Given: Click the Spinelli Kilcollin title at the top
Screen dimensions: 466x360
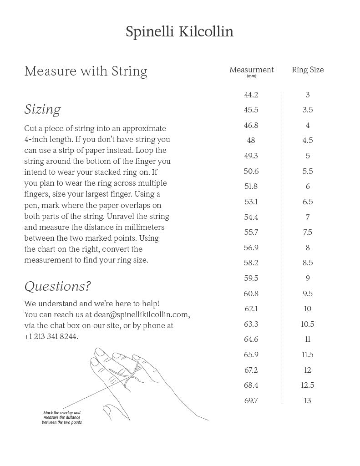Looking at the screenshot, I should [180, 32].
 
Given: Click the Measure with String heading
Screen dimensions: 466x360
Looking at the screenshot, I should [86, 71].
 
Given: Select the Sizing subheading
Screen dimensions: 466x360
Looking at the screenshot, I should [42, 110].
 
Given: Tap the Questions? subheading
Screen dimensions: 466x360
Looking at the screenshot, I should [57, 286].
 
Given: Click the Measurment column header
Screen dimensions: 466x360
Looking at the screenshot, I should [251, 70].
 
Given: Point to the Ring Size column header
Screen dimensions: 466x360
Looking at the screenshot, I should [308, 70].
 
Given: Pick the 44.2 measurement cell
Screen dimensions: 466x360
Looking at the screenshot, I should [251, 95].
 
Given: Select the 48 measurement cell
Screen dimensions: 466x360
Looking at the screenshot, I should [251, 141].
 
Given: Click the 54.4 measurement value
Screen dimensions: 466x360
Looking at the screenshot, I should [251, 217].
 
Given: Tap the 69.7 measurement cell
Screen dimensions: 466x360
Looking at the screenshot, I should [251, 400].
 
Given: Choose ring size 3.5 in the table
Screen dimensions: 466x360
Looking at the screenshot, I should [308, 110].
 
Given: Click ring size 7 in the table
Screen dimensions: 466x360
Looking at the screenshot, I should [308, 217].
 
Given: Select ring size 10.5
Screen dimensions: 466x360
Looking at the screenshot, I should [308, 324].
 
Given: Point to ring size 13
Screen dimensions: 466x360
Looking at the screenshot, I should [308, 400].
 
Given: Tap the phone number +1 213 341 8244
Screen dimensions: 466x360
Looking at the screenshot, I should [51, 336].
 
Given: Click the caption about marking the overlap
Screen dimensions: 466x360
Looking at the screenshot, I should [62, 418].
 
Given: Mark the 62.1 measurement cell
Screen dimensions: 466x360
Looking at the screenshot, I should [251, 309].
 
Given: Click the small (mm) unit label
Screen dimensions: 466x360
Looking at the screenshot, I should [251, 76].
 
